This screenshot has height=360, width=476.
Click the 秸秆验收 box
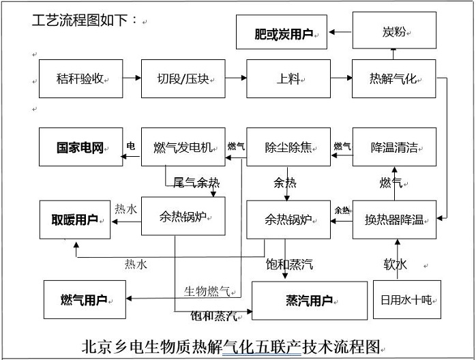[x=80, y=78]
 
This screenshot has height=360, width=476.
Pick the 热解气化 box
[x=393, y=78]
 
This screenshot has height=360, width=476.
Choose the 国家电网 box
[x=80, y=147]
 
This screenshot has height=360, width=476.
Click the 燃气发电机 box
[x=183, y=147]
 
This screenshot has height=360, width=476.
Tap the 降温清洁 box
[x=393, y=147]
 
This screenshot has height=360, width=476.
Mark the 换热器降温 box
[x=393, y=219]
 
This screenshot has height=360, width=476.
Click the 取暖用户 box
[x=74, y=220]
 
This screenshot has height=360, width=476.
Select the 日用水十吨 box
[x=406, y=299]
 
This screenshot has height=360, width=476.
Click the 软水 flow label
[x=395, y=264]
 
